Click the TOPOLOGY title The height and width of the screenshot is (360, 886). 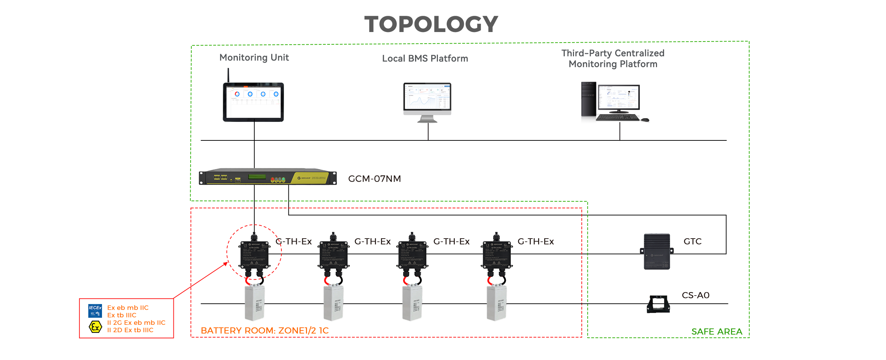point(431,24)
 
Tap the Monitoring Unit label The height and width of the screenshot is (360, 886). point(254,57)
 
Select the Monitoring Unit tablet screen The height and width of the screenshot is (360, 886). point(253,102)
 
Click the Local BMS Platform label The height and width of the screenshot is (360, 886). point(425,58)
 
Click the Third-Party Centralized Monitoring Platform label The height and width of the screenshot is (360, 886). point(613,59)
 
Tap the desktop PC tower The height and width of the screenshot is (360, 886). point(588,102)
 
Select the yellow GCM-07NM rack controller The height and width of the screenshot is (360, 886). point(267,177)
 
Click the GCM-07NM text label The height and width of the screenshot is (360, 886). point(375,179)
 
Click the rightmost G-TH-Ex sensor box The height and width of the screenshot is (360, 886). point(496,254)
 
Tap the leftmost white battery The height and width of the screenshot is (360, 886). point(254,303)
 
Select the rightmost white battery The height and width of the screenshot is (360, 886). point(496,303)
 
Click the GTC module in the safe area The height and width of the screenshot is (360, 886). point(656,251)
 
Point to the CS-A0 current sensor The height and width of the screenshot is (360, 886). point(658,304)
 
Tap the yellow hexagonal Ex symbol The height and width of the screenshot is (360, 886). point(95,327)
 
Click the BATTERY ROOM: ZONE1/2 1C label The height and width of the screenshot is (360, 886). point(264,331)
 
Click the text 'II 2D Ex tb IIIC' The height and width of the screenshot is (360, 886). point(130,330)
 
